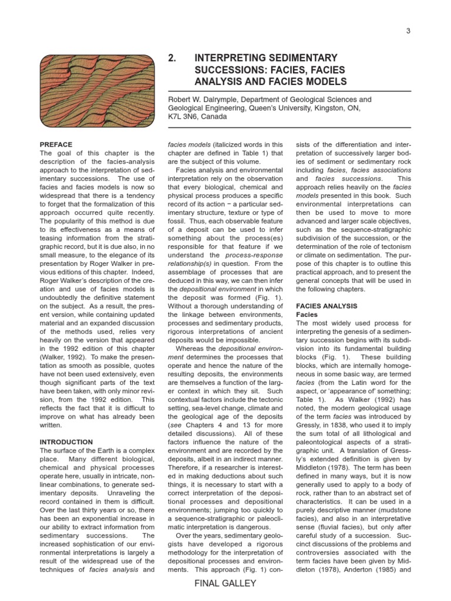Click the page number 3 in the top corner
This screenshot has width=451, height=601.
408,31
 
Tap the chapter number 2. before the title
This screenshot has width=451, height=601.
172,58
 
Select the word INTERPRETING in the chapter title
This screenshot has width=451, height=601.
233,58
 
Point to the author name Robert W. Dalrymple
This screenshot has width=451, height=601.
202,100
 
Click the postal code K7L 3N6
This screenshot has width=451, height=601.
187,117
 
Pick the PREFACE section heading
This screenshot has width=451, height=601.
56,144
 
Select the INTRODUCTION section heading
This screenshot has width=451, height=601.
66,442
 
